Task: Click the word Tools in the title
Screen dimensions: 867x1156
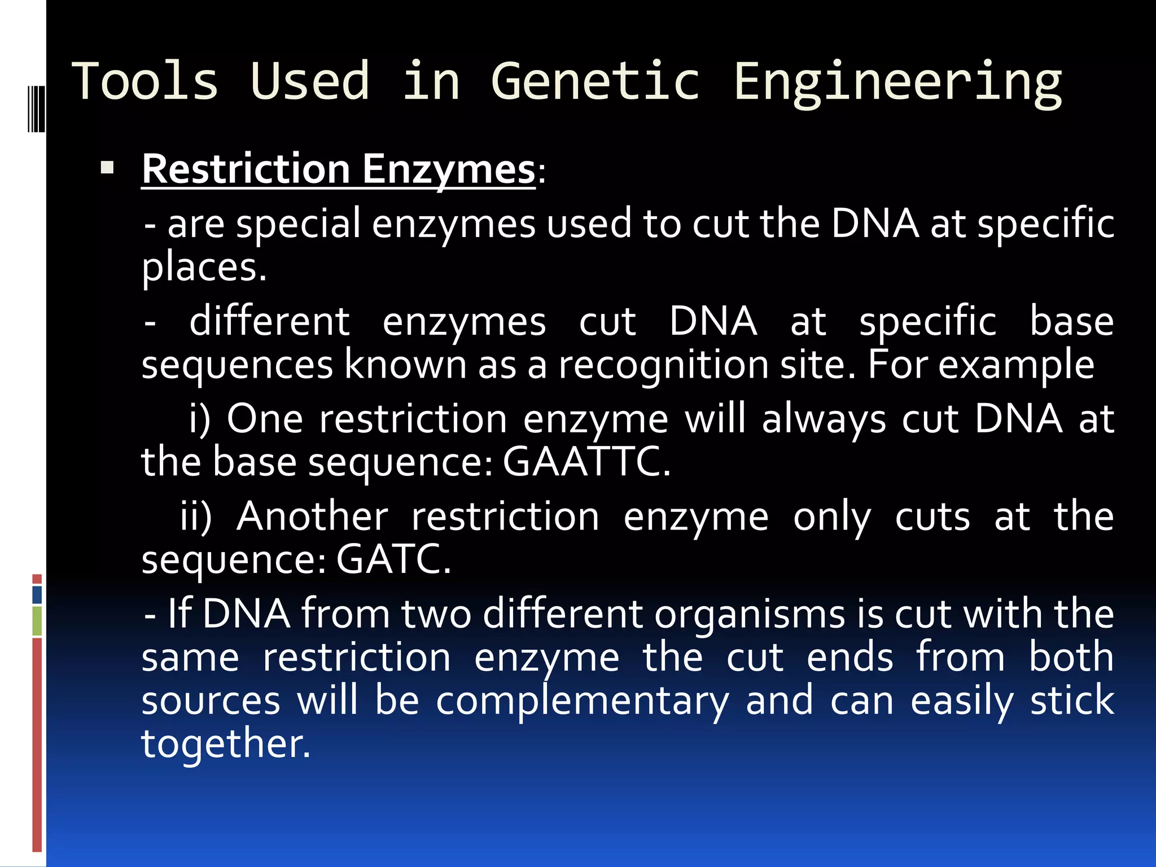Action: click(145, 82)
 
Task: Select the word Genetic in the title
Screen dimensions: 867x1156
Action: click(595, 82)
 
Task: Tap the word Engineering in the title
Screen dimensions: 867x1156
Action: click(897, 84)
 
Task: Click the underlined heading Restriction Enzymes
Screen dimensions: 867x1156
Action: click(338, 169)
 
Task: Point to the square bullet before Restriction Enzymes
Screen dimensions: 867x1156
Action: click(107, 168)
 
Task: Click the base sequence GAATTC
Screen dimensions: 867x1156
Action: click(586, 462)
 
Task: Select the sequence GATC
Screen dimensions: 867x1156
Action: click(393, 559)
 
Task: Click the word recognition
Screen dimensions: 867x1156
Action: click(663, 365)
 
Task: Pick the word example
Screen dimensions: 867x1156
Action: click(1016, 365)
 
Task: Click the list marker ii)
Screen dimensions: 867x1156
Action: click(196, 516)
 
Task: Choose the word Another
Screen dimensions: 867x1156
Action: click(313, 516)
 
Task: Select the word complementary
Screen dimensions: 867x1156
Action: click(583, 701)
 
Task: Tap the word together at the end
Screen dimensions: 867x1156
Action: click(225, 743)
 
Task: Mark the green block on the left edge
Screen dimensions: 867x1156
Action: click(37, 620)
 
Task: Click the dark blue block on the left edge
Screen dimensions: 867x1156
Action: click(37, 595)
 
